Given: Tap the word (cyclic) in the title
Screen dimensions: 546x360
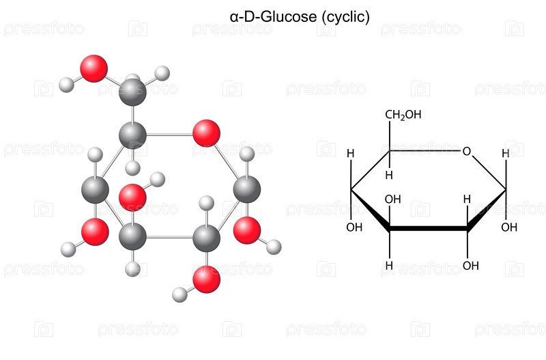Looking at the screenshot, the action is (345, 17).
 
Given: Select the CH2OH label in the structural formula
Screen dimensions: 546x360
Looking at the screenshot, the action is (403, 115).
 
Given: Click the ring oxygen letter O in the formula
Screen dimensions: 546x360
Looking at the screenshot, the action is (467, 151).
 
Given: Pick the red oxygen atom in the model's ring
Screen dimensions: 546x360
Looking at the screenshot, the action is (206, 133).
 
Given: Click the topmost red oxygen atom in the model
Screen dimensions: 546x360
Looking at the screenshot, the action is (94, 68).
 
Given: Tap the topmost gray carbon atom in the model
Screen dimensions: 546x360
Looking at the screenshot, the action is (132, 92).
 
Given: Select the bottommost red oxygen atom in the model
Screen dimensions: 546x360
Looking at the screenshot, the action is (207, 279).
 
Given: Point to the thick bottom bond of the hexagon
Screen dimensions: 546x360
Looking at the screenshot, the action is (429, 229).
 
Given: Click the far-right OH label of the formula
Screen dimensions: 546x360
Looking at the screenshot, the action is (509, 227).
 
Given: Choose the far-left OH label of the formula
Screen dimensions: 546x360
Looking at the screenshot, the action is (354, 227).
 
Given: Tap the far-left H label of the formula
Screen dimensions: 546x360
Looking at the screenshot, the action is (351, 153).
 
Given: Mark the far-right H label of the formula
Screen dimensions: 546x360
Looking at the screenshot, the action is (506, 153).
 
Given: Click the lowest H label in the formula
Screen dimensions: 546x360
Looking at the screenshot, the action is (389, 266).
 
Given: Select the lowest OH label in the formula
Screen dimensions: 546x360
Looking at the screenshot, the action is (470, 266).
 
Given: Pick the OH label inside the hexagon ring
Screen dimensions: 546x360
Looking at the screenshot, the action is (393, 199).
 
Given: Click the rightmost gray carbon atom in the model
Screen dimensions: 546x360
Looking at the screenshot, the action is (247, 189).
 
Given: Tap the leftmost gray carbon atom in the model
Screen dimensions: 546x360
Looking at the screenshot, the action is (95, 190).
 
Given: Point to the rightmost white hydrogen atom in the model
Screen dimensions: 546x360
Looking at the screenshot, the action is (274, 247).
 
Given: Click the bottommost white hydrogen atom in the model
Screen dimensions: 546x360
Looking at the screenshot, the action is (179, 295).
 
